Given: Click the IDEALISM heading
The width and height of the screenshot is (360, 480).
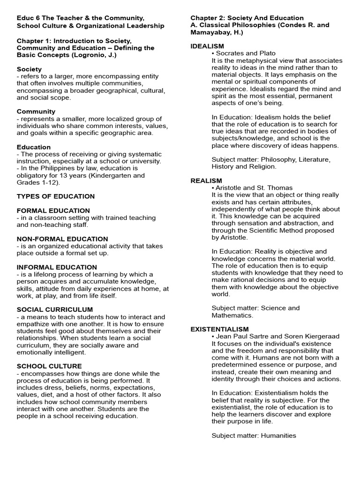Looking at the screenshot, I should pos(207,46).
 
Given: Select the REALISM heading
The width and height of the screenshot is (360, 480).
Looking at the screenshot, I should pos(206,181).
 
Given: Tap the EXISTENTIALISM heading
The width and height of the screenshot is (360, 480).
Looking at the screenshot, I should pos(219,330).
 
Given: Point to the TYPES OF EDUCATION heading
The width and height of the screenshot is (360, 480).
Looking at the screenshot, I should pos(56,196).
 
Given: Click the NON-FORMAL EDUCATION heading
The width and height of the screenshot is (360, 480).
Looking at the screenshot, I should pos(62,239).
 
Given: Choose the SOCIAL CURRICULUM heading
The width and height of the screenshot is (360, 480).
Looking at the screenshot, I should pos(55,310).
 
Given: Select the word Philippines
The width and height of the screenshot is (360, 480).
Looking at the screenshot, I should pos(57,168).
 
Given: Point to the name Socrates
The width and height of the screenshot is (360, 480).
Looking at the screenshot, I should pos(230,53).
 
